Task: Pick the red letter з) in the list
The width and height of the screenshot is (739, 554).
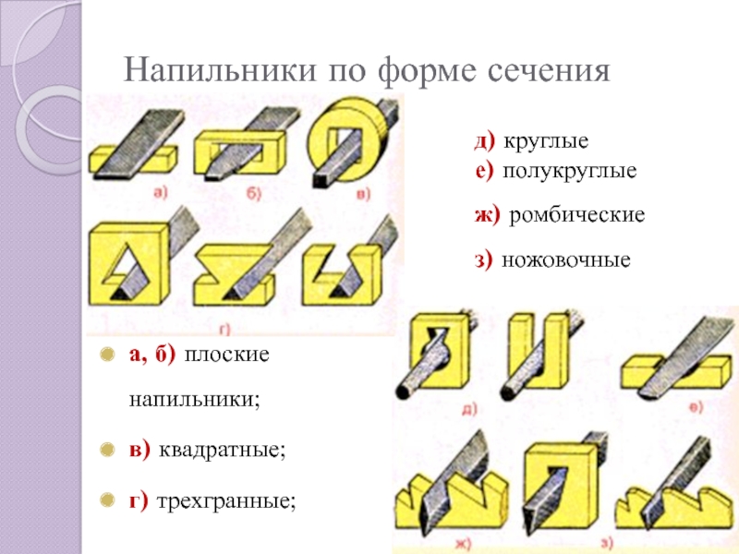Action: (485, 260)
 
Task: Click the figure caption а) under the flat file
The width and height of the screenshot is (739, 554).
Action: (158, 192)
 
